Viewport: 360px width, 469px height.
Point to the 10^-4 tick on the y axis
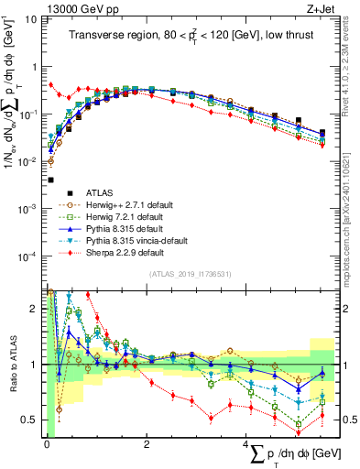click(x=31, y=256)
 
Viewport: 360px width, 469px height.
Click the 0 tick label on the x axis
click(x=47, y=444)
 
